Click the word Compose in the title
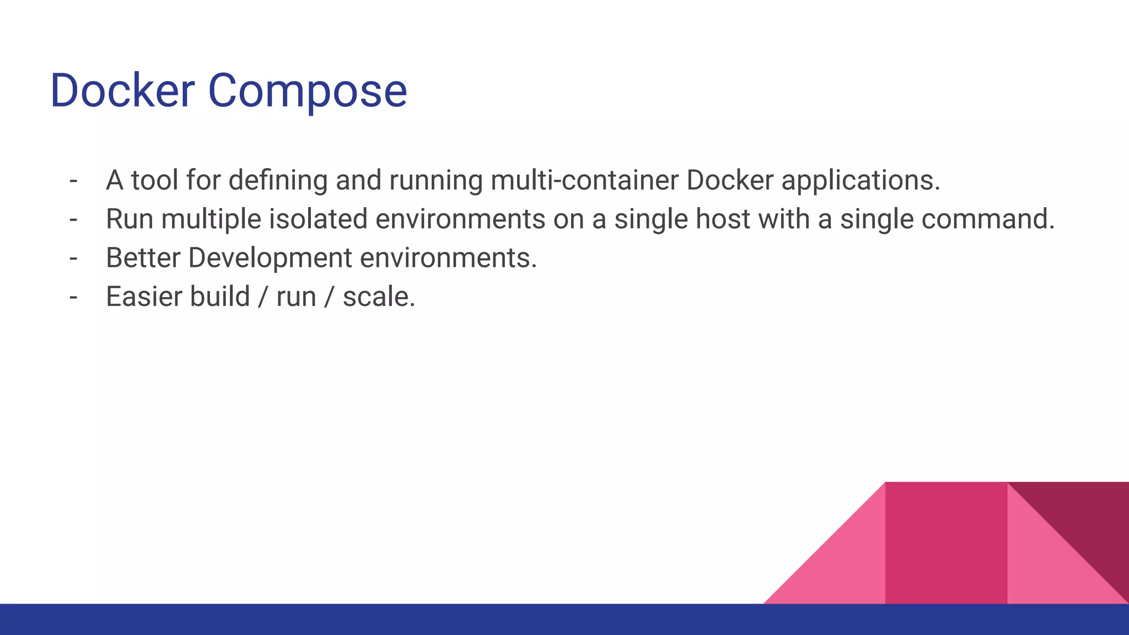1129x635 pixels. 307,92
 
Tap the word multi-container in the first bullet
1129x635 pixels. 584,180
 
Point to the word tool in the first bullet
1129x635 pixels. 154,180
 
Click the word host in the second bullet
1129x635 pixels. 723,219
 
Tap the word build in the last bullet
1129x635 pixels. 220,297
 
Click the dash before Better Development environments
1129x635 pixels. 73,258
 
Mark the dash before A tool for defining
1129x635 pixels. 73,180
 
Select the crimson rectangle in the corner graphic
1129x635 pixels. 946,543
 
